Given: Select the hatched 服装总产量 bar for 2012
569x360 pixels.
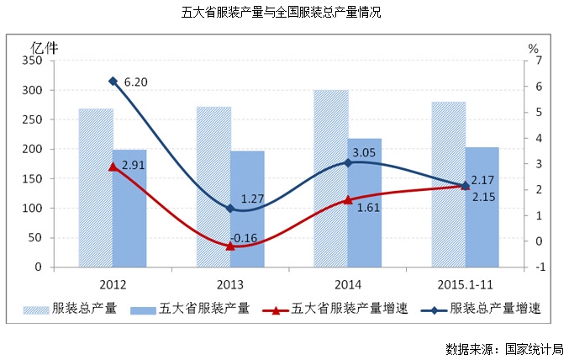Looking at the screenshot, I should pos(96,188).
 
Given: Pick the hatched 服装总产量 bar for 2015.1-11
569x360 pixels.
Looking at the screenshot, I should pos(449,184).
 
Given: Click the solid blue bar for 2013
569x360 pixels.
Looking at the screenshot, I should pos(247,209).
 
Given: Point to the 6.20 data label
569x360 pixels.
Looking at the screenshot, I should pos(135,82).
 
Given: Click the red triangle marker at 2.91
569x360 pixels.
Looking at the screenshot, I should pos(113,167).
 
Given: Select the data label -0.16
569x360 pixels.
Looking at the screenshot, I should pos(244,238).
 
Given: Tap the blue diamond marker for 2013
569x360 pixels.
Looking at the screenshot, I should pos(230,209).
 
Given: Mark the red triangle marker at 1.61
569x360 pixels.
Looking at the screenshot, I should pos(348,200).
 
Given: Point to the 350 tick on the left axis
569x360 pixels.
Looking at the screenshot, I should pos(33,61).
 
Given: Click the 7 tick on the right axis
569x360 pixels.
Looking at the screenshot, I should pos(529,61).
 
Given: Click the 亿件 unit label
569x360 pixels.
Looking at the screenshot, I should pos(45,46).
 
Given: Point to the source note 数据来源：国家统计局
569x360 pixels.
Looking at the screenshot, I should pos(504,348).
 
